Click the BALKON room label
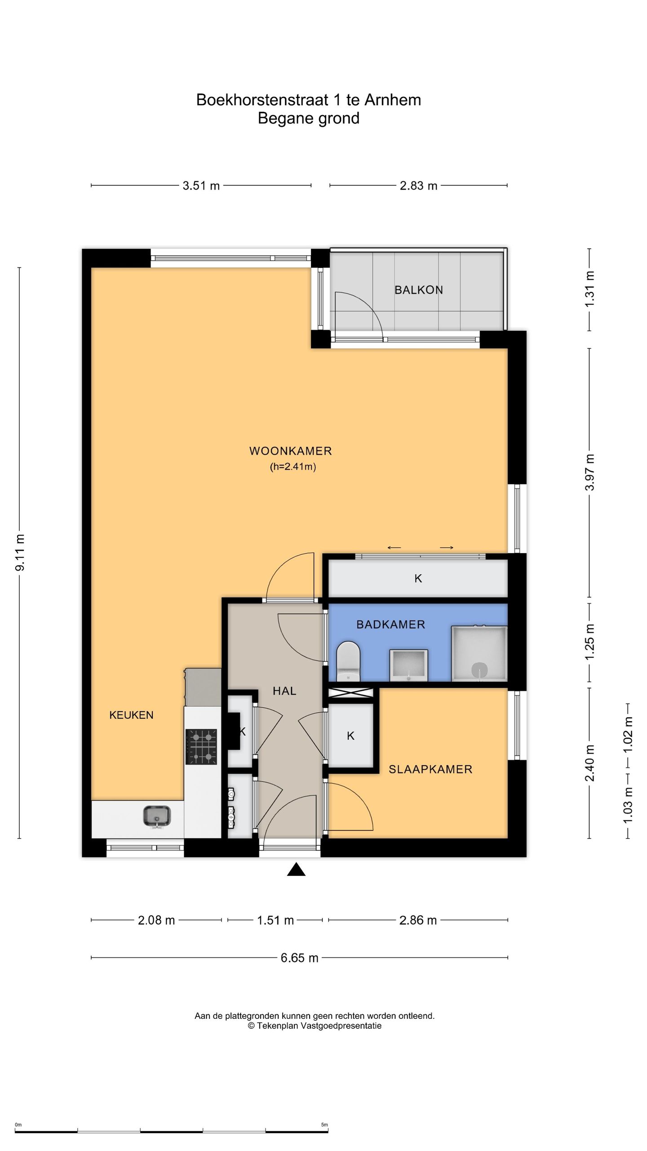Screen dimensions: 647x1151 pos(418,290)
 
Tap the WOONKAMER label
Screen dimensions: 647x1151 pos(291,451)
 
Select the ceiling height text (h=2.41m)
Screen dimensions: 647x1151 pos(293,467)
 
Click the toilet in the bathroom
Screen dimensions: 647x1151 pos(349,661)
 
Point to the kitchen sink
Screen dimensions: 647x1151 pos(157,816)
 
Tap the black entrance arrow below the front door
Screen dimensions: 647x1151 pos(296,870)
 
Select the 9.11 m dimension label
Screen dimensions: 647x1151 pos(20,553)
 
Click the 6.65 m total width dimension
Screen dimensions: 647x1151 pos(299,958)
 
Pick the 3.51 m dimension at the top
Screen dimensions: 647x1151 pos(201,186)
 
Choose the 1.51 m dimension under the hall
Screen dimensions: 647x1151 pos(275,920)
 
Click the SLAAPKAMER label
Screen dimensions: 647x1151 pos(430,769)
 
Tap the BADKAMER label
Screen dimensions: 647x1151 pos(390,625)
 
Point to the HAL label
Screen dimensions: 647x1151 pos(284,691)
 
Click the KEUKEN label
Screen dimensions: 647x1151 pos(131,715)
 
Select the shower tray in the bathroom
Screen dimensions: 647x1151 pos(479,653)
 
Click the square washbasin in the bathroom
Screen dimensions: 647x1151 pos(408,665)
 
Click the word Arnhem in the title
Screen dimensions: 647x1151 pos(392,100)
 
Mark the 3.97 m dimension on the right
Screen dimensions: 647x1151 pos(589,472)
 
